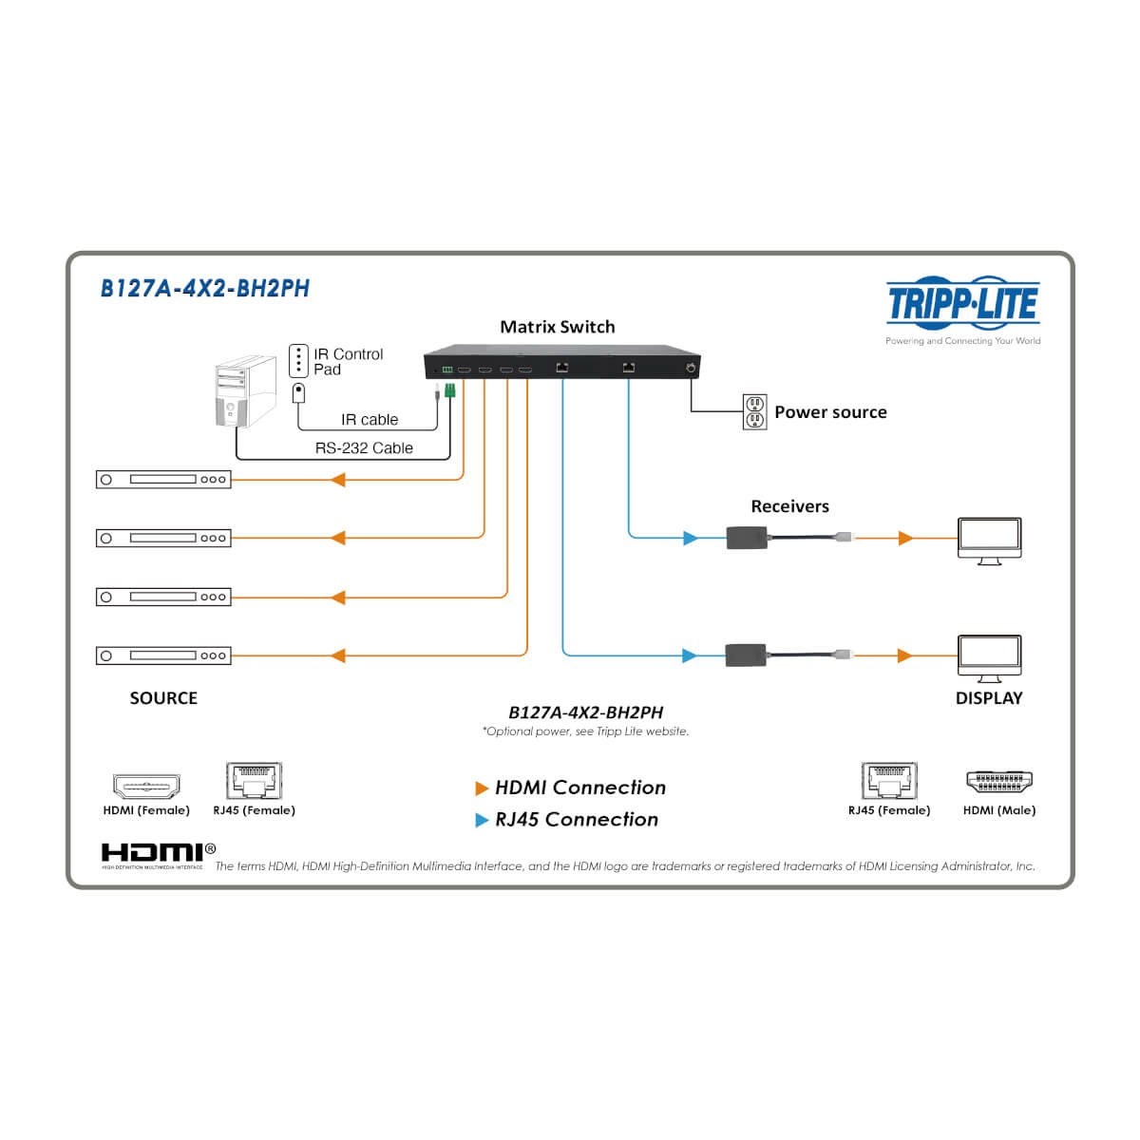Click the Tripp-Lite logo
pos(962,303)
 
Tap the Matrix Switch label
pos(558,327)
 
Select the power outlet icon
pos(754,411)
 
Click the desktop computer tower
pos(245,390)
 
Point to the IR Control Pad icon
pos(298,360)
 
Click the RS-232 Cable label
pos(364,447)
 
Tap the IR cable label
pos(370,420)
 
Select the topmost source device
pos(163,479)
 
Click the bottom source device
pos(163,655)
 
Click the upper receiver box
pos(747,538)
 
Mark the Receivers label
pos(789,505)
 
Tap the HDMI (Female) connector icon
pos(146,787)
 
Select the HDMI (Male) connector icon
pos(999,782)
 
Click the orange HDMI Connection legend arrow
pos(482,788)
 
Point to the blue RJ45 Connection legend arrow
pos(482,820)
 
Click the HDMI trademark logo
pos(158,855)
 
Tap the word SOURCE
pos(163,698)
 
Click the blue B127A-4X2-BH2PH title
pos(204,288)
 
